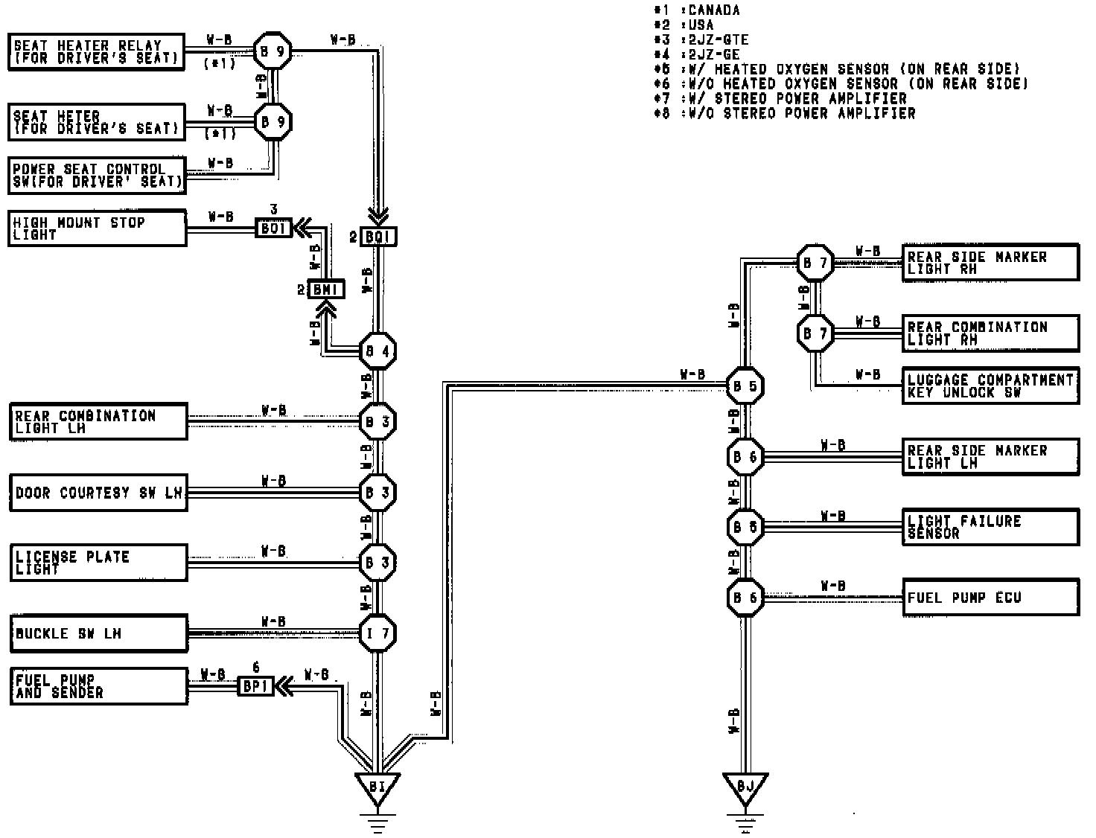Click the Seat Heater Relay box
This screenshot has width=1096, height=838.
(97, 52)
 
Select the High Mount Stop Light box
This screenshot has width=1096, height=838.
(97, 228)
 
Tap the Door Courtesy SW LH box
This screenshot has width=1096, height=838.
(98, 493)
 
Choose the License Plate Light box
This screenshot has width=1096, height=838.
(98, 563)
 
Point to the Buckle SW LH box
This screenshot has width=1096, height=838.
(98, 634)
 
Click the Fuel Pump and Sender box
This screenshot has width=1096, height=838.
(98, 686)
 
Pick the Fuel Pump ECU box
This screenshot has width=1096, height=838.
(990, 598)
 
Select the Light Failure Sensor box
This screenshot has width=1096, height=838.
(990, 527)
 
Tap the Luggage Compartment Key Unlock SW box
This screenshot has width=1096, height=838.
(990, 386)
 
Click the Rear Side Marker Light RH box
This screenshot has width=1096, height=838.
(990, 263)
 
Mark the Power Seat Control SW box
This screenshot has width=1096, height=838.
(97, 176)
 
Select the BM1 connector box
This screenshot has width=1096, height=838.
(326, 290)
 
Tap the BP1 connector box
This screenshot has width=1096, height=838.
(255, 686)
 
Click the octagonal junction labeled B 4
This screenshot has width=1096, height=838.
(377, 351)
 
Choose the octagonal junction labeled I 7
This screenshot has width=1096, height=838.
(377, 634)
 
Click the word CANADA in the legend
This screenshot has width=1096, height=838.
(714, 10)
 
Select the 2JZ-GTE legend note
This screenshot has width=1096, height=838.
(719, 39)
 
